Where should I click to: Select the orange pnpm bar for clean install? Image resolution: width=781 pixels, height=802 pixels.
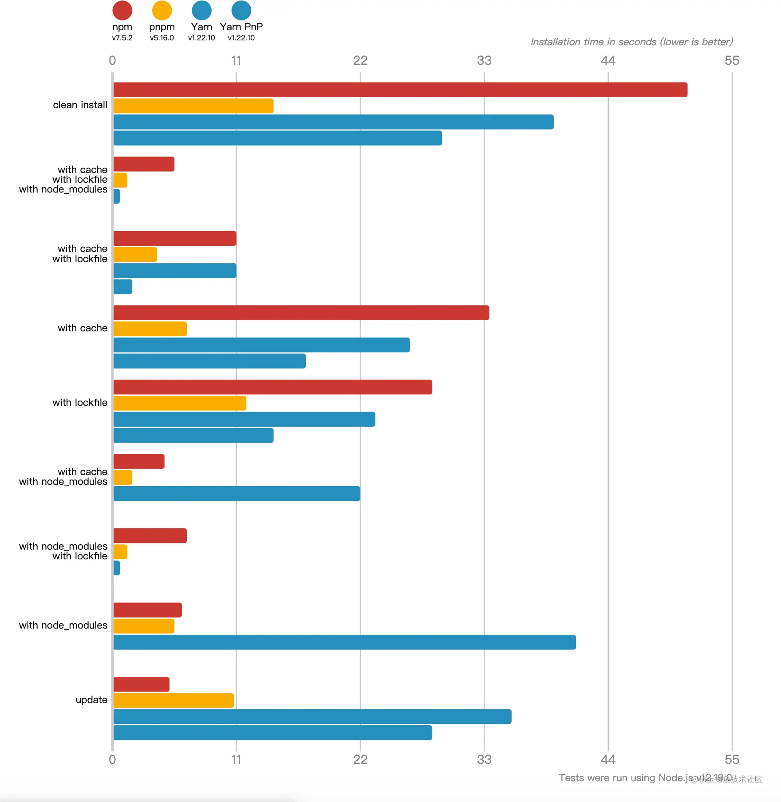193,106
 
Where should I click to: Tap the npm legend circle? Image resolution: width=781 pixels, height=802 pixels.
122,10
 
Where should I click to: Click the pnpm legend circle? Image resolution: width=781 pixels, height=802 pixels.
162,10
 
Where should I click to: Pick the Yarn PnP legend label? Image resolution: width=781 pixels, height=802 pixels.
241,27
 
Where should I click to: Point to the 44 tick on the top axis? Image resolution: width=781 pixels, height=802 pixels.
608,60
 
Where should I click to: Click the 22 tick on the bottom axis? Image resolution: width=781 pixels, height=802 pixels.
360,759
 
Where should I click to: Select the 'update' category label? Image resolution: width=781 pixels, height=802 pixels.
91,700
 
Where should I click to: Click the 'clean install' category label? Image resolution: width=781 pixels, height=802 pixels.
80,105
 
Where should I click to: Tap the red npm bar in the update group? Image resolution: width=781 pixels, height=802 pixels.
142,684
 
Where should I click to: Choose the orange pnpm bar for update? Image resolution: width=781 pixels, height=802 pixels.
174,700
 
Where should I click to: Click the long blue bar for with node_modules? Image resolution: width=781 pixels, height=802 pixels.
344,642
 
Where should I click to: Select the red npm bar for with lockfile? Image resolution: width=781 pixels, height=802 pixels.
273,387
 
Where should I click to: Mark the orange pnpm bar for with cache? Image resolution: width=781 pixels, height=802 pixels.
150,329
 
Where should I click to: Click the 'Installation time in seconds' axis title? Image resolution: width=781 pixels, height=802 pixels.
631,42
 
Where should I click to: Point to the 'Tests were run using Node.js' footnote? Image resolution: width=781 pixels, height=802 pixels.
626,778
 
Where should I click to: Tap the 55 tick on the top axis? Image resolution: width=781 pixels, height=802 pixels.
732,60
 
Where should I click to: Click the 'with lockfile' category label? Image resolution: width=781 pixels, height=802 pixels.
80,402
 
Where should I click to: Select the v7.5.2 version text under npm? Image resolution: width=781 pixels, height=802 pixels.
122,38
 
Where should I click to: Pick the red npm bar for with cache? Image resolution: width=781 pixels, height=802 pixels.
301,313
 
